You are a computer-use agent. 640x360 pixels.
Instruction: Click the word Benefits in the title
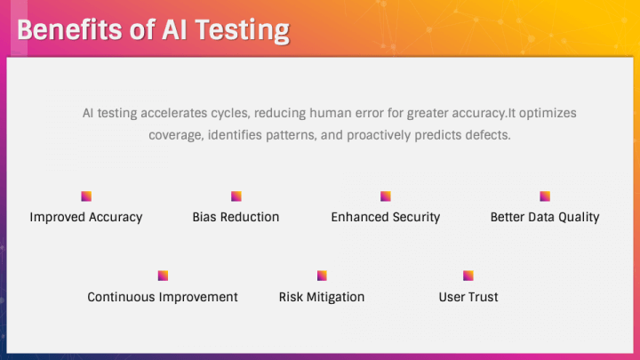(69, 30)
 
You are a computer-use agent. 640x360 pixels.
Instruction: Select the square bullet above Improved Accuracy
(86, 196)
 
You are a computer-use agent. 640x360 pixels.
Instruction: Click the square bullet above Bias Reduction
(236, 196)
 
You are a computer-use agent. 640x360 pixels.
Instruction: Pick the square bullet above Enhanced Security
(386, 196)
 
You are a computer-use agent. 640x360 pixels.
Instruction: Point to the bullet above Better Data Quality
(545, 196)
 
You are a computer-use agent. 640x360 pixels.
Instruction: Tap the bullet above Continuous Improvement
(163, 276)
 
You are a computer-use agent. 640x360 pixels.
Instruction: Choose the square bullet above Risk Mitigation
(322, 276)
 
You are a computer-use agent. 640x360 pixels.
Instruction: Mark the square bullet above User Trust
(468, 276)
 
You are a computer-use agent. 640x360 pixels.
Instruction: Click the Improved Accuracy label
(86, 218)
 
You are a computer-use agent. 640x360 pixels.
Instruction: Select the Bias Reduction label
(236, 217)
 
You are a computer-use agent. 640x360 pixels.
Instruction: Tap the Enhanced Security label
(386, 218)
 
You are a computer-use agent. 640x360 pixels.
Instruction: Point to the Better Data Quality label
(545, 218)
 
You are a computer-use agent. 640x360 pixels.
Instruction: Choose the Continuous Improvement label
(163, 297)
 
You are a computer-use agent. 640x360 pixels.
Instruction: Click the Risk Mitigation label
(322, 298)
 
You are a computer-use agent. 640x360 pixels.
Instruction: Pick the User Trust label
(468, 297)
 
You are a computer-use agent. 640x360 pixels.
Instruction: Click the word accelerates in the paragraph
(174, 113)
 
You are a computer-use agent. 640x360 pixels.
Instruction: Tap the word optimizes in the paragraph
(548, 114)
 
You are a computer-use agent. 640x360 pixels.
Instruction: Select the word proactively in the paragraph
(379, 135)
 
